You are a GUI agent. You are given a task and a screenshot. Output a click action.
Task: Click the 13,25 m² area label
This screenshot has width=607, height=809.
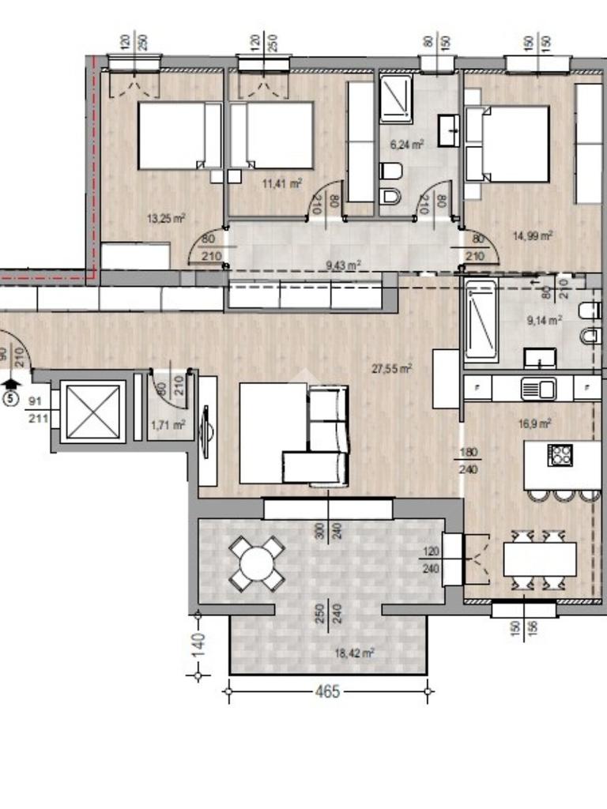[166, 218]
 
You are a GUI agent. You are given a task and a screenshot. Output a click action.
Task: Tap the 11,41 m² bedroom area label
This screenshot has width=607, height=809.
[282, 183]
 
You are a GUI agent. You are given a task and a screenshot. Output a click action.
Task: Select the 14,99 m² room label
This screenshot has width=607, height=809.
[533, 235]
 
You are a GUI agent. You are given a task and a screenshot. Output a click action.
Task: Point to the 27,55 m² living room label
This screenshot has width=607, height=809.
[392, 368]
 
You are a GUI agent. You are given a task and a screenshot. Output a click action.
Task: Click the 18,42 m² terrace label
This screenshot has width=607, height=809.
[354, 653]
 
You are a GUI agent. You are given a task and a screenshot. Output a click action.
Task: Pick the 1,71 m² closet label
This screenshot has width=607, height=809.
[168, 425]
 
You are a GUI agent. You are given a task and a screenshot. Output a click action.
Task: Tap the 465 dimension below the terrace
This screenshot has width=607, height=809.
[328, 691]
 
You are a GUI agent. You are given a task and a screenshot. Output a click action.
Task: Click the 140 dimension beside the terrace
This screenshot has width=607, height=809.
[198, 645]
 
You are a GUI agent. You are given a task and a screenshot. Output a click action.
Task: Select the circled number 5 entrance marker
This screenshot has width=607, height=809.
[10, 398]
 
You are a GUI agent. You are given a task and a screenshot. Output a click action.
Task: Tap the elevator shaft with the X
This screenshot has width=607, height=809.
[93, 411]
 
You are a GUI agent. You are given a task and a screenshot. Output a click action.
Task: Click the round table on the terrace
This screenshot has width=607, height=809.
[257, 563]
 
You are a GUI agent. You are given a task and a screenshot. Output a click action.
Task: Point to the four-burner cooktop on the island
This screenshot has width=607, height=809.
[560, 455]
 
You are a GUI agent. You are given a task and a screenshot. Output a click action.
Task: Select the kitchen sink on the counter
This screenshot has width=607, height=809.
[537, 389]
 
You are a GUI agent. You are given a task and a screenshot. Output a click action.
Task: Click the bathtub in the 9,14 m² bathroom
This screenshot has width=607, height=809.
[481, 321]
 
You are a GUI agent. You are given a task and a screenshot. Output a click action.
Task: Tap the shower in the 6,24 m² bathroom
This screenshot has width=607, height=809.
[397, 99]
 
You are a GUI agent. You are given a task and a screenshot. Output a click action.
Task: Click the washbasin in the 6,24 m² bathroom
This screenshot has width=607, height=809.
[449, 130]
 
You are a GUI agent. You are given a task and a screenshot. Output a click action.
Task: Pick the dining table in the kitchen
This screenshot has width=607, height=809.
[539, 559]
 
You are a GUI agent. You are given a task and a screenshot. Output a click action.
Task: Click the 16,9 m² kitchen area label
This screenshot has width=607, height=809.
[535, 423]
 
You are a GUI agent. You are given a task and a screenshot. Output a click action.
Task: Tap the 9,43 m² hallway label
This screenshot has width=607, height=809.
[343, 265]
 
